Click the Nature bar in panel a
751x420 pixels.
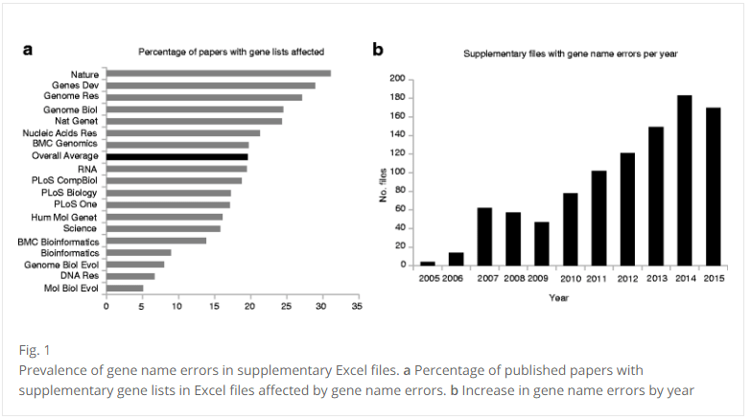pyautogui.click(x=219, y=73)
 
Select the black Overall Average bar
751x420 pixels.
pyautogui.click(x=177, y=156)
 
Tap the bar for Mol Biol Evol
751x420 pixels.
pyautogui.click(x=125, y=288)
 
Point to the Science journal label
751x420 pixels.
pyautogui.click(x=81, y=228)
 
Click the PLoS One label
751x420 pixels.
pyautogui.click(x=76, y=204)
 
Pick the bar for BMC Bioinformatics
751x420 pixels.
pyautogui.click(x=156, y=241)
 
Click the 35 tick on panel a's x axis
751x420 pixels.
pyautogui.click(x=357, y=307)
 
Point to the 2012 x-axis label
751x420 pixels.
pyautogui.click(x=627, y=278)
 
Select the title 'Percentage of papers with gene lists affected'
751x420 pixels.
pyautogui.click(x=231, y=51)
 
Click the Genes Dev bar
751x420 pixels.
pyautogui.click(x=211, y=84)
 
